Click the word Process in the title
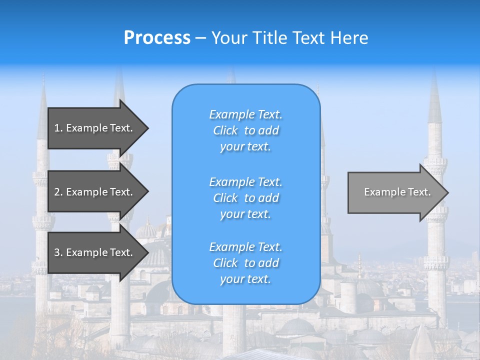pos(157,38)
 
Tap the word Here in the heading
pos(349,38)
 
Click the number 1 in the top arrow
pos(57,128)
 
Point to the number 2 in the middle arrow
pos(57,192)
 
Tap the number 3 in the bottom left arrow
pos(57,252)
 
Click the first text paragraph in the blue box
pos(245,130)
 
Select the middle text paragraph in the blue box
pos(245,198)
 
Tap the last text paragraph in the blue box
pos(245,263)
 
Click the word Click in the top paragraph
pos(225,130)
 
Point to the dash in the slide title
pos(200,38)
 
